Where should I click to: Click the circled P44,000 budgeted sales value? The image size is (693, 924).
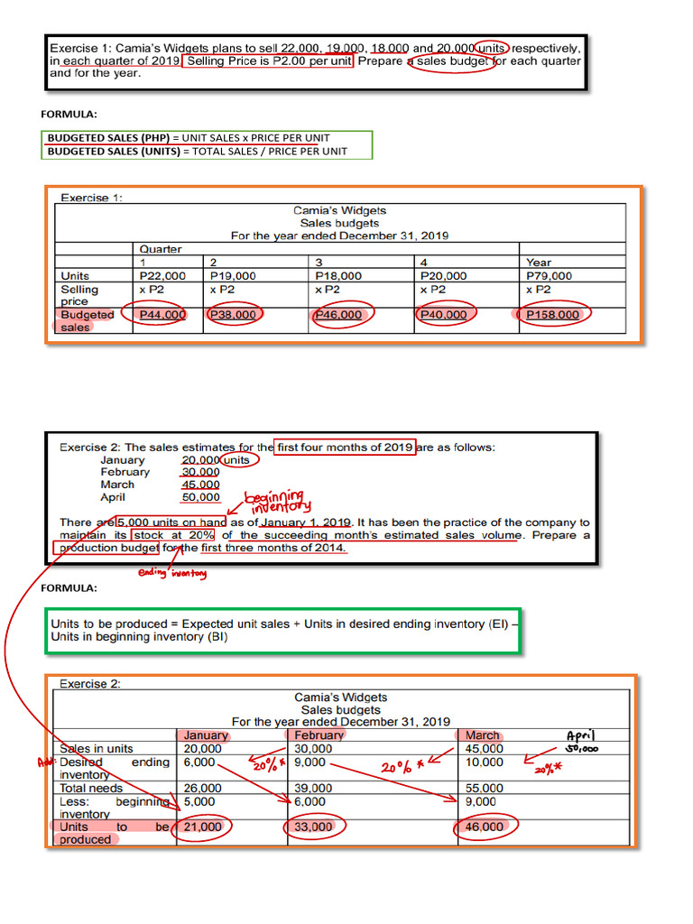163,315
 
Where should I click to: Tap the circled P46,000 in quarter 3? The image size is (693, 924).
338,315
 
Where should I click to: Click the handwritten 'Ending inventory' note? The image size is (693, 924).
171,573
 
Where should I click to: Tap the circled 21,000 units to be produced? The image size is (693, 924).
202,827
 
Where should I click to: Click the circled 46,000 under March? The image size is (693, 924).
485,827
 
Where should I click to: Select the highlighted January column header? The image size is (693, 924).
206,735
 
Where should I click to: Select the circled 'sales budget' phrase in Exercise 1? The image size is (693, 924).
452,62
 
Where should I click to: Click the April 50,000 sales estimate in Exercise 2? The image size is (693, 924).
200,497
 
